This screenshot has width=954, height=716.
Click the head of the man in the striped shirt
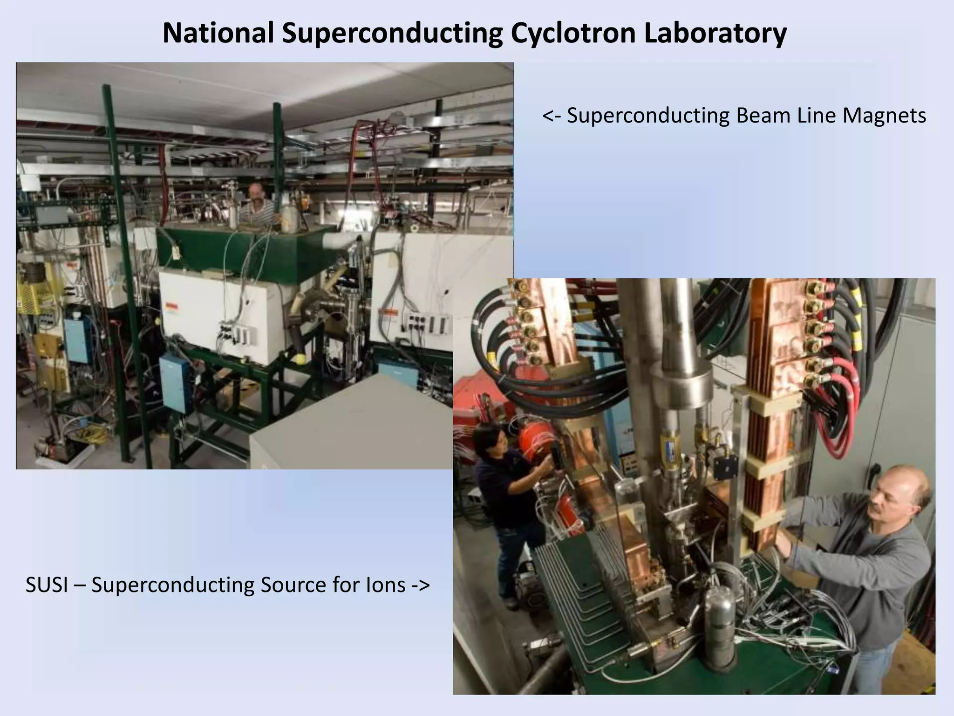coord(255,192)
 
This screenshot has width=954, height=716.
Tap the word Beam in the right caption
coord(764,116)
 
